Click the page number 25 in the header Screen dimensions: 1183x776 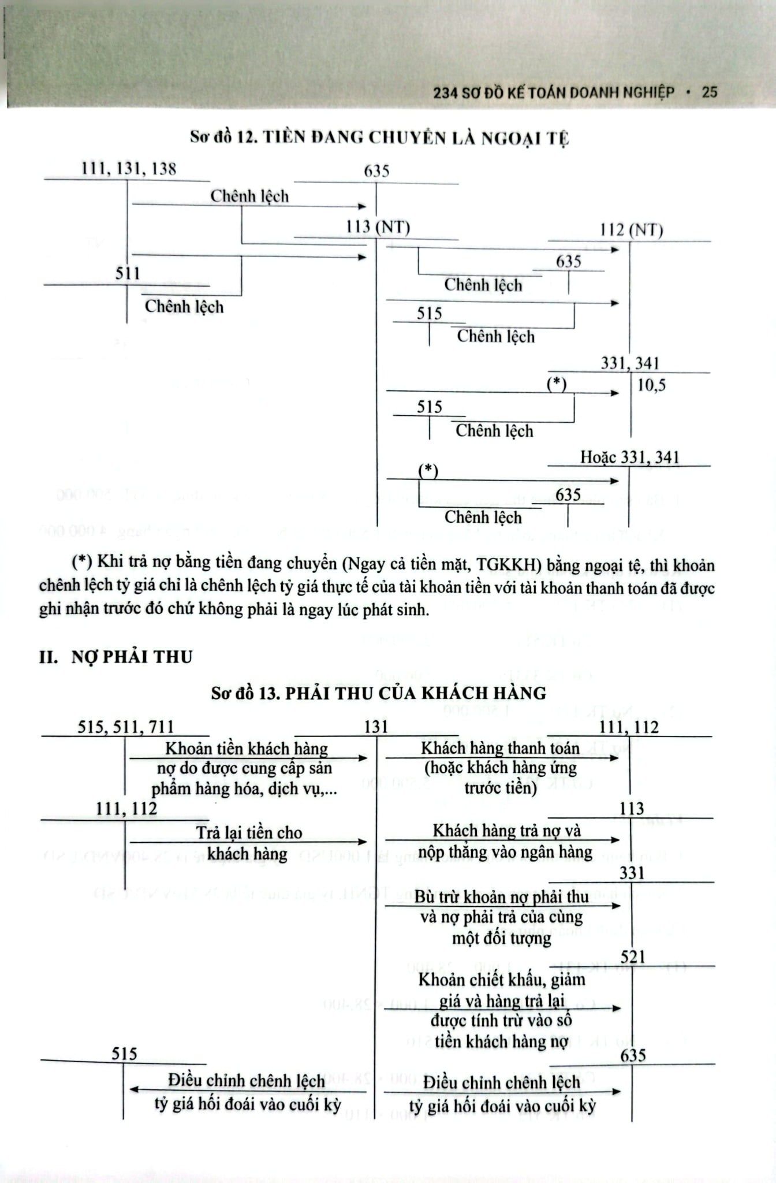(x=710, y=92)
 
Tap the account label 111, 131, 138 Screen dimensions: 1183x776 (x=129, y=169)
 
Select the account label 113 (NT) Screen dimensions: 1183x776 (x=378, y=227)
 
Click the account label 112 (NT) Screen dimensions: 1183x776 (x=631, y=230)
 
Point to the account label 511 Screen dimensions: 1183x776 (x=128, y=273)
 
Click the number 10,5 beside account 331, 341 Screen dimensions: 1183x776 (x=651, y=385)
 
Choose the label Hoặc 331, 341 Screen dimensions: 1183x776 (x=629, y=457)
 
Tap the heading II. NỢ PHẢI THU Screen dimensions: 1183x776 (x=115, y=657)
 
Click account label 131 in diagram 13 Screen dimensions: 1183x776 (x=376, y=727)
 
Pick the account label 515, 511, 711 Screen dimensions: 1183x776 (x=126, y=727)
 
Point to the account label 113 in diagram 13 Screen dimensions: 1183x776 (x=632, y=809)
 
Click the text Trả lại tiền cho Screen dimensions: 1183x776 (x=249, y=832)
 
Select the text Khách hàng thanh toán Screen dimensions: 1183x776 (x=500, y=748)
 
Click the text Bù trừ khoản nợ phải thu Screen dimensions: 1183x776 (x=501, y=896)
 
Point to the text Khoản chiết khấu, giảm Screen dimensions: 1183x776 (x=501, y=980)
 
